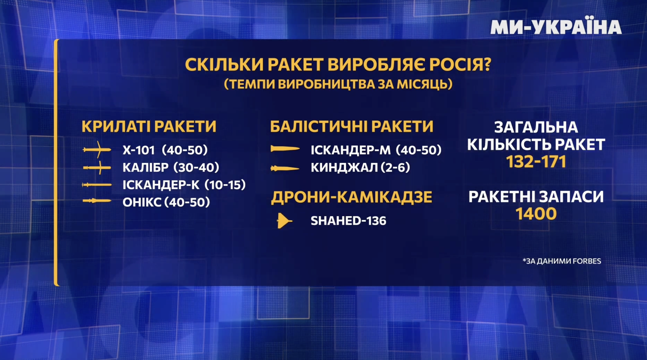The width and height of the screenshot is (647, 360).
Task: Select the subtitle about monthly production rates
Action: (338, 84)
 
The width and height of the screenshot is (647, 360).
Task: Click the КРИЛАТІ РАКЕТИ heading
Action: (149, 127)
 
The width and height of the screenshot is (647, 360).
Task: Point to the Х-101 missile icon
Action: (97, 149)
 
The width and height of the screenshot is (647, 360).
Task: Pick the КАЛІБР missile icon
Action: (97, 168)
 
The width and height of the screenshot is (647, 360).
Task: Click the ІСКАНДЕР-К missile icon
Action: (97, 185)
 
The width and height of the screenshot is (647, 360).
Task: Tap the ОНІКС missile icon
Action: (97, 201)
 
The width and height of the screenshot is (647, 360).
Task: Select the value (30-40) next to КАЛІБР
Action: (196, 167)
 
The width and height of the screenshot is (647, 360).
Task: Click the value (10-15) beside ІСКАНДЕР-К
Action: (225, 185)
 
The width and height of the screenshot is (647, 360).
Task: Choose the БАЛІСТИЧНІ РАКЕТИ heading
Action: (352, 127)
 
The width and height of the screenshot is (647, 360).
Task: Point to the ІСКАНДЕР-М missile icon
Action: (285, 148)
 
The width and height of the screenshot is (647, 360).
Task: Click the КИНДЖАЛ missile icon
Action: (285, 169)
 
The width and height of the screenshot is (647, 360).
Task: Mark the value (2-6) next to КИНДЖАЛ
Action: (395, 167)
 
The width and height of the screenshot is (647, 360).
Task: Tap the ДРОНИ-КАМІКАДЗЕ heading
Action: (352, 197)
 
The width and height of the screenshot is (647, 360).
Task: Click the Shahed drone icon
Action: (284, 221)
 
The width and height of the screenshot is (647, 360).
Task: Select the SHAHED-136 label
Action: (348, 221)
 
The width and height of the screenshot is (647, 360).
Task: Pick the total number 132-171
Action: (536, 162)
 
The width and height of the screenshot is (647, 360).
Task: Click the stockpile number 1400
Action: (536, 214)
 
